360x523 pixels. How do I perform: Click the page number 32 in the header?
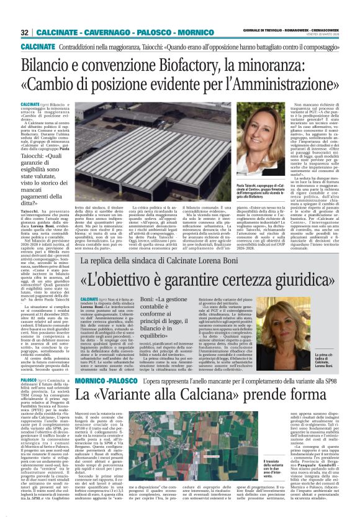pyautogui.click(x=24, y=31)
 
